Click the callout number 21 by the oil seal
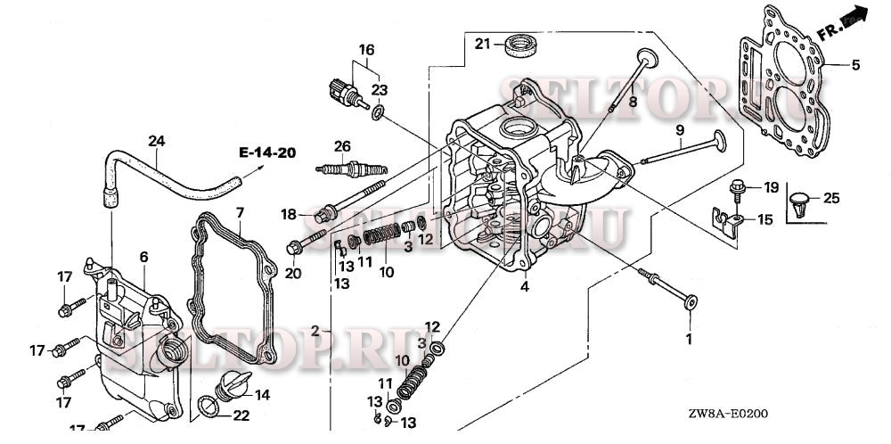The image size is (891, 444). [482, 44]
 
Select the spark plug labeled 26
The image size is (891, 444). [343, 167]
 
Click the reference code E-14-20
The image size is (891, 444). [266, 152]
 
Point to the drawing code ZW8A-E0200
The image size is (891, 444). [727, 414]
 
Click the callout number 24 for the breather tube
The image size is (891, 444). [157, 141]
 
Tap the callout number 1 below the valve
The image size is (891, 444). [687, 339]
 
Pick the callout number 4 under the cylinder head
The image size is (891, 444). [525, 286]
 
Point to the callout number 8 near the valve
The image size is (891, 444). [634, 103]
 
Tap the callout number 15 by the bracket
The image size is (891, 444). [766, 218]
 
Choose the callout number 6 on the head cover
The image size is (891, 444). [143, 257]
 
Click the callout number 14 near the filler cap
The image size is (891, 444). [262, 394]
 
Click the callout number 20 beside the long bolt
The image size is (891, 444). [292, 273]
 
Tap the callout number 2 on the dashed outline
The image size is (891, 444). [315, 330]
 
